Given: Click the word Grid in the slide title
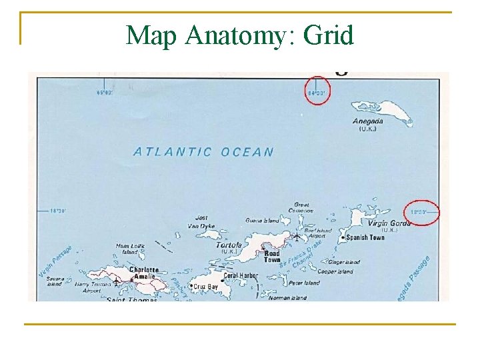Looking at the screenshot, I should [328, 35].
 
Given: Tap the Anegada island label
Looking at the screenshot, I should [368, 121].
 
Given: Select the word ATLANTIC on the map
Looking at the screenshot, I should [173, 152].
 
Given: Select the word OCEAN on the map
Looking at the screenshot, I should [247, 152].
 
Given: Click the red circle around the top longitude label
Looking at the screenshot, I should [317, 87].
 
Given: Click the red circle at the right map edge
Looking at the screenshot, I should [423, 212].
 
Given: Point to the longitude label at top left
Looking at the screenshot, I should [105, 93].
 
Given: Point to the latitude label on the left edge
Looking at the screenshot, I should [58, 211].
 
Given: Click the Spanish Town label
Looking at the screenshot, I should [365, 237].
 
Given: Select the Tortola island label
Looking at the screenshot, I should [229, 245].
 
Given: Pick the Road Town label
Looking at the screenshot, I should [271, 257].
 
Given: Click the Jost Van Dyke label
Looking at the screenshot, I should [201, 222].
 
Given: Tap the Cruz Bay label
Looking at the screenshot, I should [206, 287].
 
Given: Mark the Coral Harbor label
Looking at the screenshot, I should [241, 275].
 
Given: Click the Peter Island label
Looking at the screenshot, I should [304, 283].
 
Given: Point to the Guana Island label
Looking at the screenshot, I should [262, 220].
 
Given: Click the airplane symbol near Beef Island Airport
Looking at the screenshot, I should [297, 236].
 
